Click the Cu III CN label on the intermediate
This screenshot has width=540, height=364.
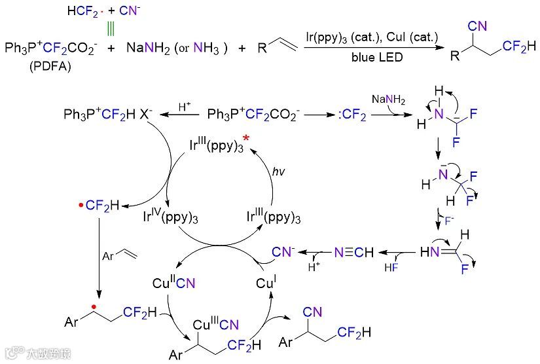tap(215, 324)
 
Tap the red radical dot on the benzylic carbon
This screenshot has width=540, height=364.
tap(96, 306)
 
